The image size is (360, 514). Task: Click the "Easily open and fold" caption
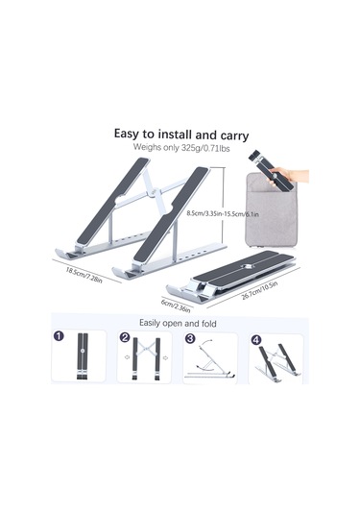[x=179, y=323]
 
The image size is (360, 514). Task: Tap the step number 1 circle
[x=59, y=338]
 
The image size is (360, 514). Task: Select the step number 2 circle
[x=124, y=338]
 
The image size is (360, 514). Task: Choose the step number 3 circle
[x=189, y=338]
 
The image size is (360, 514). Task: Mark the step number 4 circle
[x=255, y=338]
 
